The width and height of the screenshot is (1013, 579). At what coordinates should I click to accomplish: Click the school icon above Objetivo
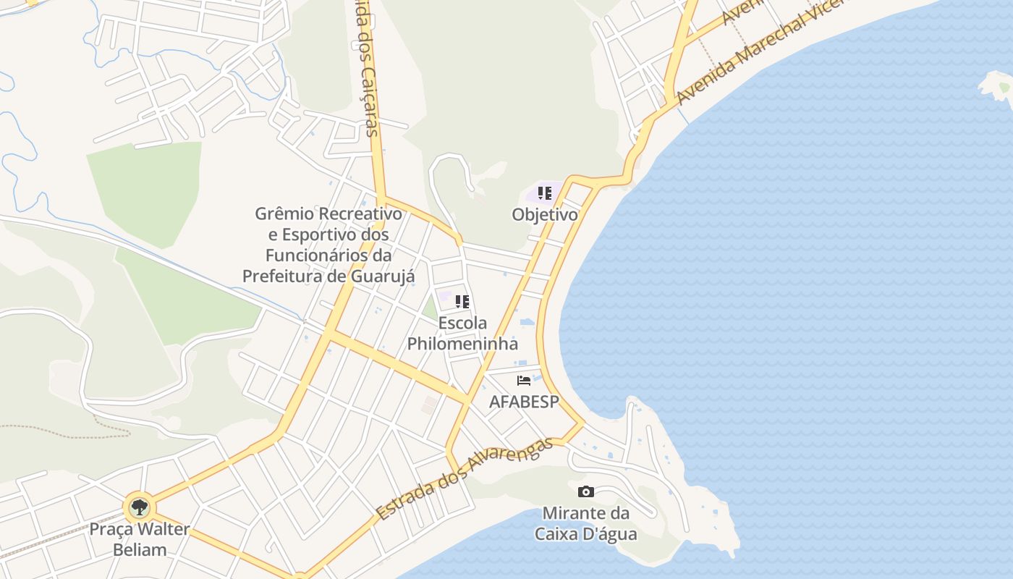[545, 193]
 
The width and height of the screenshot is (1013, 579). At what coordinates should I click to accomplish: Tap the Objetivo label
[545, 215]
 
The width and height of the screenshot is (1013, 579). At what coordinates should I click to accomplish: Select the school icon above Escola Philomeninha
[462, 301]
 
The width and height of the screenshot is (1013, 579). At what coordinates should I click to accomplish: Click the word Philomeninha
[462, 344]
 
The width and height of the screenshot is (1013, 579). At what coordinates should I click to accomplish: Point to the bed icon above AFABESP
[524, 380]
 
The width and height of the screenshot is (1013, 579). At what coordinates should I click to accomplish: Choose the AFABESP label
[524, 402]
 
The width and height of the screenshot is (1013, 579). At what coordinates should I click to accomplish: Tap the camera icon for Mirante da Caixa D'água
[586, 492]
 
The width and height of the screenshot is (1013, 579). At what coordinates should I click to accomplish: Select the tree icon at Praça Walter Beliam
[139, 507]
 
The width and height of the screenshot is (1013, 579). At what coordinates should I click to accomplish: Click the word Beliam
[140, 549]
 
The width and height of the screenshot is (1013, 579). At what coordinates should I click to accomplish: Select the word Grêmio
[284, 214]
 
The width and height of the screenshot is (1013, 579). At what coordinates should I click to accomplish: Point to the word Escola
[462, 323]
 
